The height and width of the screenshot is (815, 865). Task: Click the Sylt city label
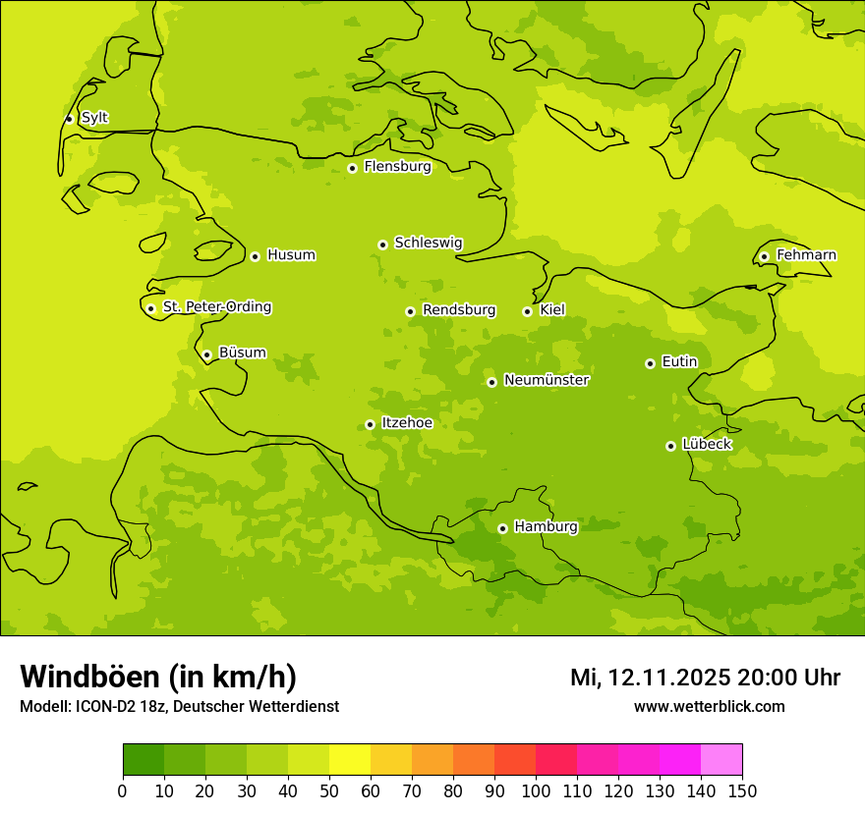94,118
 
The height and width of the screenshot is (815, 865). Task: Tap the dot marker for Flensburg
352,168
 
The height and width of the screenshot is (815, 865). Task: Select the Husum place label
291,255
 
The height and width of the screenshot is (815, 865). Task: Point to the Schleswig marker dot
382,244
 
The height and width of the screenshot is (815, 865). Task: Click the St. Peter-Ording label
217,307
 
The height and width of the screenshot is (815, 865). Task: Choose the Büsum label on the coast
242,353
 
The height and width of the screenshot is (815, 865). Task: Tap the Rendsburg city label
459,310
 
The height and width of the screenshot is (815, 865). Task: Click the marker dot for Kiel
527,311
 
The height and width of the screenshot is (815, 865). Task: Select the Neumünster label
547,380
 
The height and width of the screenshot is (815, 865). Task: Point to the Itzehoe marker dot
370,424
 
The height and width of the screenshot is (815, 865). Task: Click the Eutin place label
679,362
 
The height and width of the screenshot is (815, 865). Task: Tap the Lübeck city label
707,444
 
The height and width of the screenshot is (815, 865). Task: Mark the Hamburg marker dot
502,528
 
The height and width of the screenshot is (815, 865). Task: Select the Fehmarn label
806,255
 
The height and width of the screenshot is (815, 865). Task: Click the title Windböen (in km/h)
158,677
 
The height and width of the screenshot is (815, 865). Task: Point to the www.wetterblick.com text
709,706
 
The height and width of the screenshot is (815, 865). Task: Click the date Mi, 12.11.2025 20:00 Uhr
705,678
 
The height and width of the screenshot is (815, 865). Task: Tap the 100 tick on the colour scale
536,790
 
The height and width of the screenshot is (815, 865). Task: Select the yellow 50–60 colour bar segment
350,760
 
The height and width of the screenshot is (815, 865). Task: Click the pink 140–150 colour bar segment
721,760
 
